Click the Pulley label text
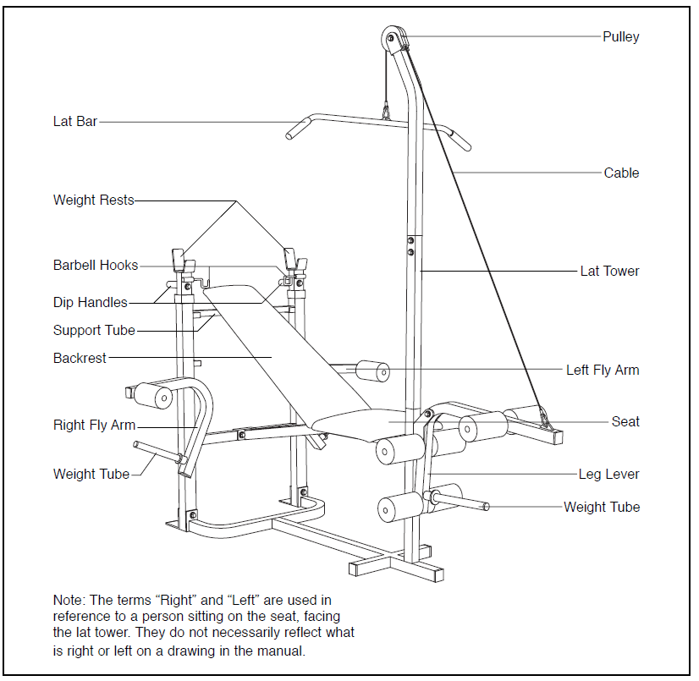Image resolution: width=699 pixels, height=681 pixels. (620, 36)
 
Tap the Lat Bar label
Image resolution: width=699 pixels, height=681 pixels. (75, 122)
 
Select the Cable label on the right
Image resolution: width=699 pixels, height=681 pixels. (621, 173)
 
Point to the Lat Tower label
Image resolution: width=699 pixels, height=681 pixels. (609, 272)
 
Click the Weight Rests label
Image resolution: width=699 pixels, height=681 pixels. (93, 200)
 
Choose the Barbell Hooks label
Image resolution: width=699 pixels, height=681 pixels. (95, 266)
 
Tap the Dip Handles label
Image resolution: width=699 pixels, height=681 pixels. (90, 302)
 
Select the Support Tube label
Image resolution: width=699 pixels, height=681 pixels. (94, 330)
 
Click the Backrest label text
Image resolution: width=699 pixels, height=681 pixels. (80, 358)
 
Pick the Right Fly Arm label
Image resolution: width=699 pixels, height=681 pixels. (94, 426)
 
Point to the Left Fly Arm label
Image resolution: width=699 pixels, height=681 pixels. (603, 370)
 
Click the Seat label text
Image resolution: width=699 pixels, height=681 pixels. (625, 421)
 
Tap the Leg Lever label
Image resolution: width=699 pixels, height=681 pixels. (608, 474)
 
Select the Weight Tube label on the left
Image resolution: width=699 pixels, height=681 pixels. (91, 474)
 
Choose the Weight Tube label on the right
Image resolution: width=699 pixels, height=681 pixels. (602, 507)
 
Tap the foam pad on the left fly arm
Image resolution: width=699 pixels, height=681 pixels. (373, 371)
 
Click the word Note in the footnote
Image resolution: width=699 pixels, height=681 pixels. (69, 600)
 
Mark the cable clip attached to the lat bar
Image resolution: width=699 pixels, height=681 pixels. (386, 110)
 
